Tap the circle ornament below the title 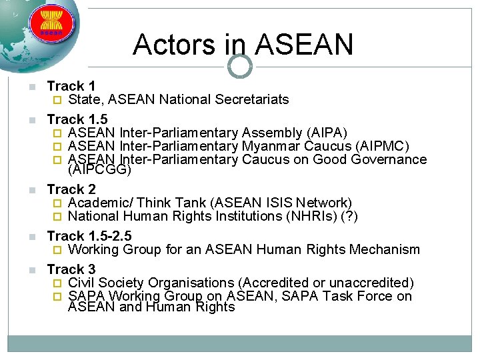click(240, 66)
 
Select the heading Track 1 click(71, 86)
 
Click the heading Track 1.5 click(77, 119)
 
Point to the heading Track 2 click(71, 189)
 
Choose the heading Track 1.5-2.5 click(89, 236)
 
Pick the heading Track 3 click(71, 269)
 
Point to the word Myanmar click(271, 146)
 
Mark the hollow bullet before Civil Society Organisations click(57, 283)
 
